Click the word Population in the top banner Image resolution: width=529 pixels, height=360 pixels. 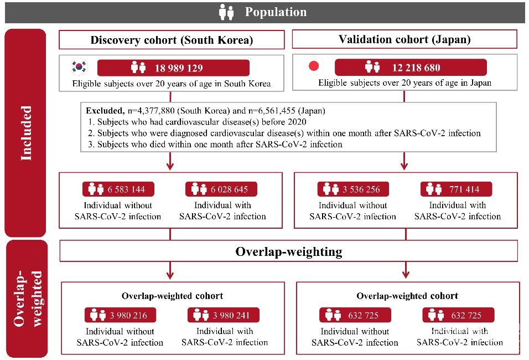tap(276, 12)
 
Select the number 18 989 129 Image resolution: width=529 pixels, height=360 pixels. tap(178, 68)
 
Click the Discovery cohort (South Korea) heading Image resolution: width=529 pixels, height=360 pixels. tap(172, 40)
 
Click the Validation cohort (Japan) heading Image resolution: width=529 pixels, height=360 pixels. tap(404, 39)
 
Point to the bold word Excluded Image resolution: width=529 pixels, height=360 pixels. tap(103, 111)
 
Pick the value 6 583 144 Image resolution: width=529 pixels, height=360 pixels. tap(126, 189)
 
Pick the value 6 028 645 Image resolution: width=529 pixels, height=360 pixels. tap(229, 189)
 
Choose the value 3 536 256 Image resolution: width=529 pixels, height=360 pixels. tap(361, 189)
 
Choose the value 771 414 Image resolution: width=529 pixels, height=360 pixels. tap(464, 189)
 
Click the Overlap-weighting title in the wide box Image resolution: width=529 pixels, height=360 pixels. tap(289, 251)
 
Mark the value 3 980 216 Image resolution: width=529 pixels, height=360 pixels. tap(128, 316)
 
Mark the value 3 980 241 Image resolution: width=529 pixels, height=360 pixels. tap(231, 316)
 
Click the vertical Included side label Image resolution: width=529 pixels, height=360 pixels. tap(25, 133)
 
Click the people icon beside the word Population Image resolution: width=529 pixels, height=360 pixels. tap(227, 12)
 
